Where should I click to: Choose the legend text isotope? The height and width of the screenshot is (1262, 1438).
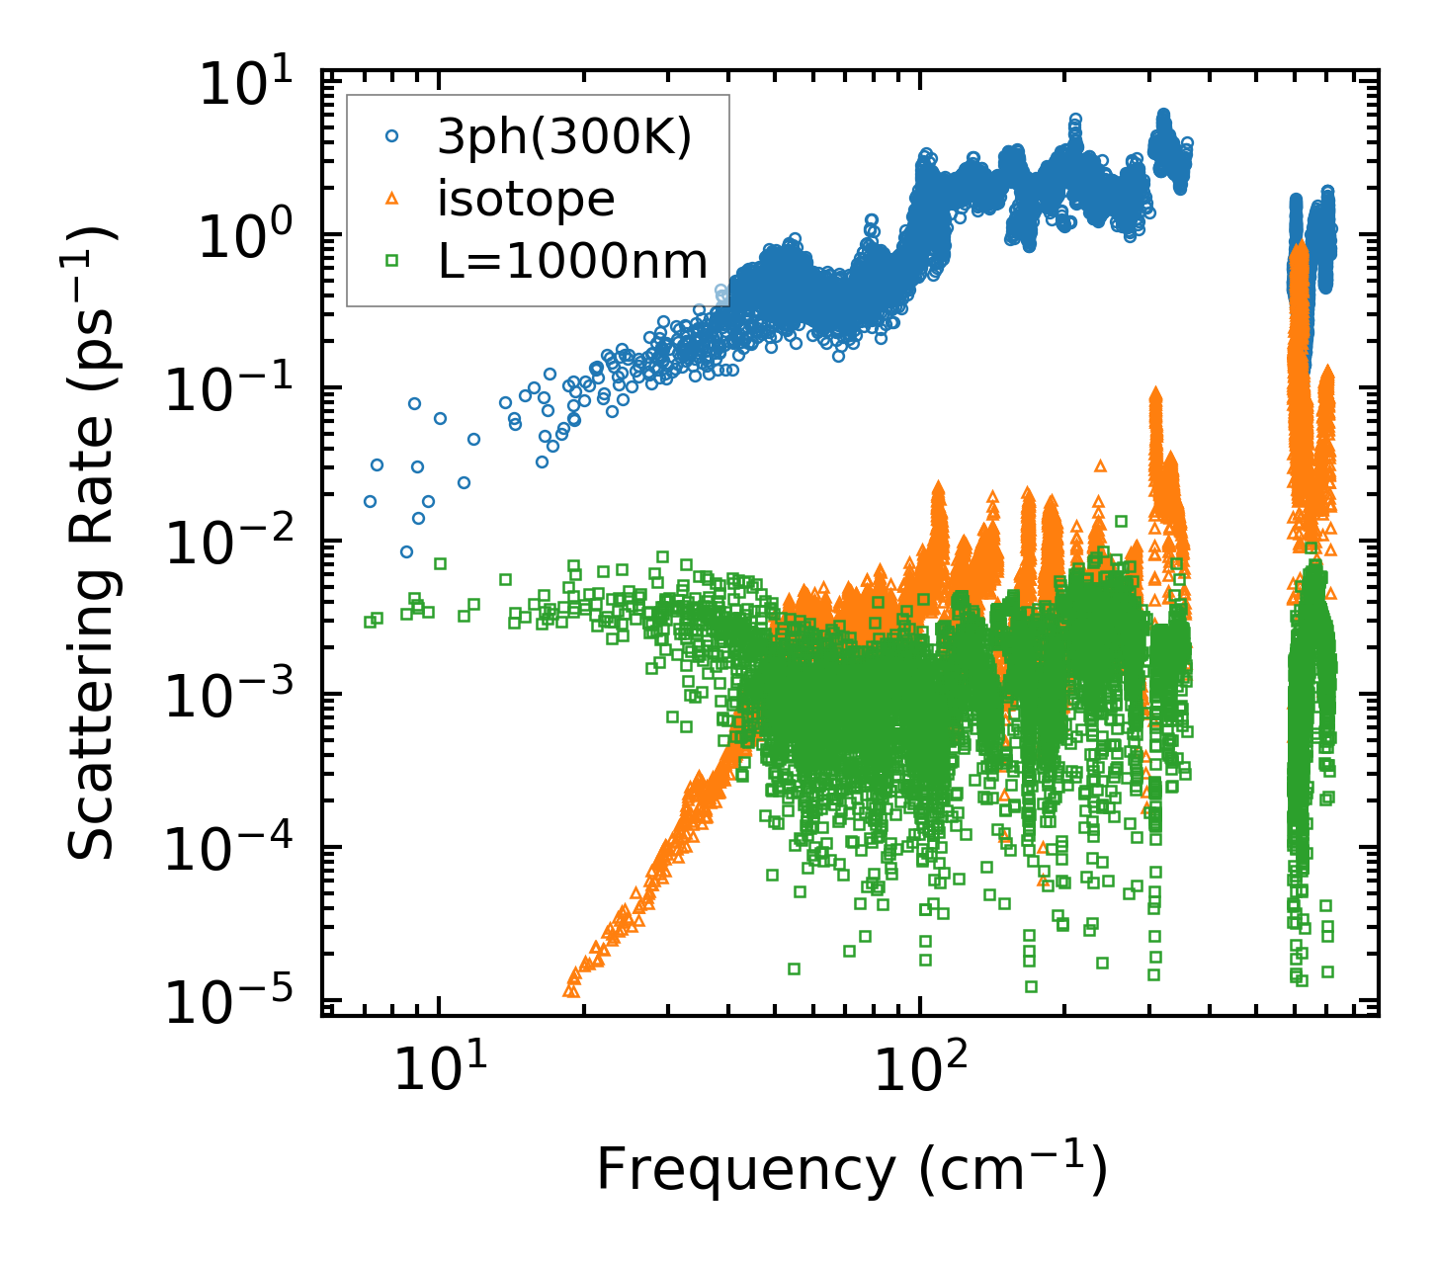(526, 200)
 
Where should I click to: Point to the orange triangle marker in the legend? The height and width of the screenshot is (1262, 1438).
(391, 200)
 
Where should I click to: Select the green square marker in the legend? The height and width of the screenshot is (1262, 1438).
(391, 261)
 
